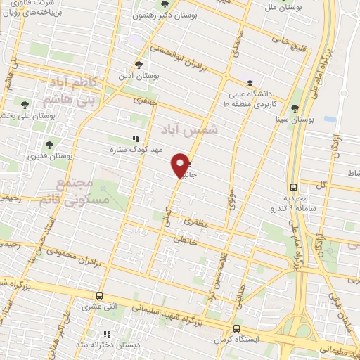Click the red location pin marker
(x=181, y=165)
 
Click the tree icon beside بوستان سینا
(x=294, y=108)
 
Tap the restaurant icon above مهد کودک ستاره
(x=136, y=139)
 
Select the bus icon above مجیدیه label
(x=293, y=187)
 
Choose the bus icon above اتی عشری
(x=100, y=296)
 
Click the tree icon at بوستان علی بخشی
(x=25, y=105)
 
